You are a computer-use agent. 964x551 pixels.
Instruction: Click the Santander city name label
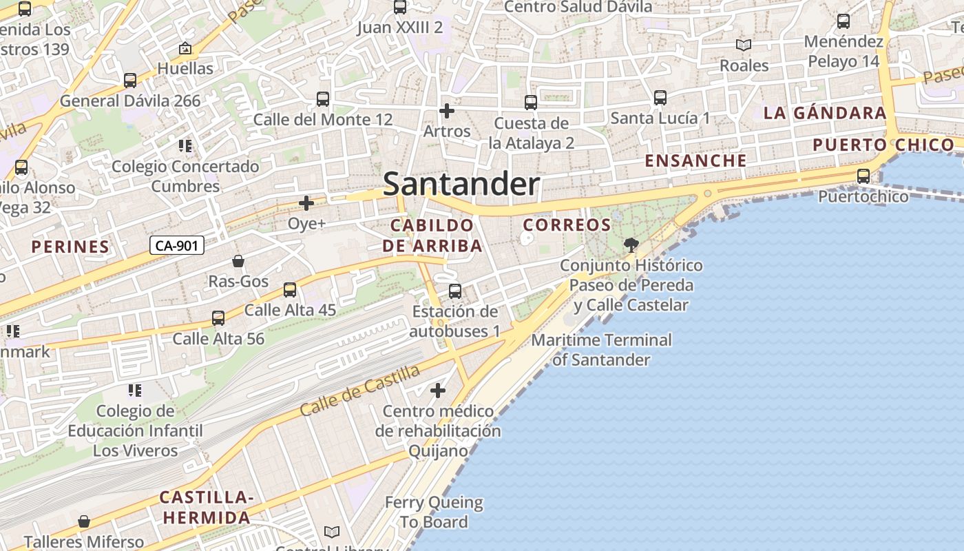[461, 184]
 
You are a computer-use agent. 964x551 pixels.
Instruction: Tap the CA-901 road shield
[177, 245]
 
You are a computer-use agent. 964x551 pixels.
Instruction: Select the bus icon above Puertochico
[863, 176]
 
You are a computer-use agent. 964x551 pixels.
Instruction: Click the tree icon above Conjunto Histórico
[631, 245]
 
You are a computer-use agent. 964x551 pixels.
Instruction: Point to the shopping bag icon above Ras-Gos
[238, 261]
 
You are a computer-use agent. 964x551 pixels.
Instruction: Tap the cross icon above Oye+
[306, 203]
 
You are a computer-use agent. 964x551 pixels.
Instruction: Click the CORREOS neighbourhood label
[567, 225]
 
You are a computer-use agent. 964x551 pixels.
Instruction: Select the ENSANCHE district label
[695, 160]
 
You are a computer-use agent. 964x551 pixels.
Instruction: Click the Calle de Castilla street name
[360, 391]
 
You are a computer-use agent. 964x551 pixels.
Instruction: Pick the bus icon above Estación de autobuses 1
[454, 291]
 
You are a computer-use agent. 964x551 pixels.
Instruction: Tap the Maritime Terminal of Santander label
[601, 350]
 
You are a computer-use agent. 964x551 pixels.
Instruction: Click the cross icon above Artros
[447, 111]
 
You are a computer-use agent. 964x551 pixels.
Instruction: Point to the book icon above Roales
[743, 45]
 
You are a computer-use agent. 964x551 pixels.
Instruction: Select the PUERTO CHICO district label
[883, 145]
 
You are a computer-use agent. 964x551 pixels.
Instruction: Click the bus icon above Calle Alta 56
[218, 318]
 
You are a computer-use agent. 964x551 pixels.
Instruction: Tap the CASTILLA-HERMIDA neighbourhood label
[206, 507]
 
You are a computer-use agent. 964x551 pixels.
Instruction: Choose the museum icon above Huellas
[185, 48]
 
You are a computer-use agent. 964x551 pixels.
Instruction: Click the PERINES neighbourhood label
[70, 247]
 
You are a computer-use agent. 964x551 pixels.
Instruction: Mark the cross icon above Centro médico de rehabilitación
[437, 391]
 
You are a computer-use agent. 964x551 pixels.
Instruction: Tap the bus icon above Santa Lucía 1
[660, 98]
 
